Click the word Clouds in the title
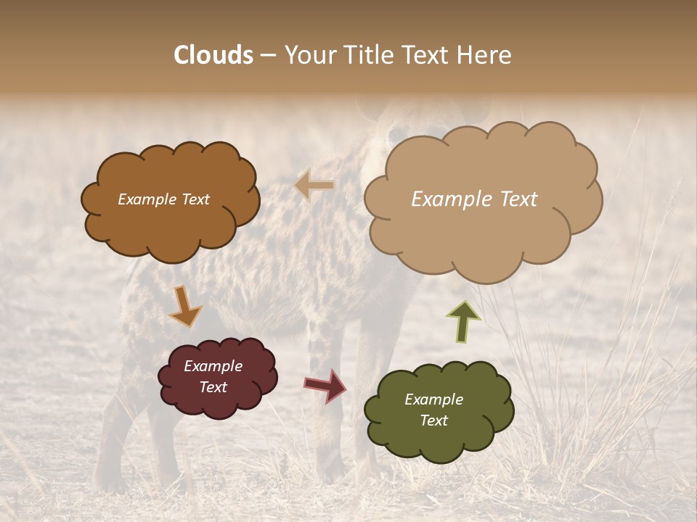coord(213,55)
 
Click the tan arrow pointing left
coord(315,186)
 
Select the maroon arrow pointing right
coord(325,386)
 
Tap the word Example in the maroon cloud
coord(213,366)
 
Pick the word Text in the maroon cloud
coord(213,387)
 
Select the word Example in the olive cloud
coord(433,399)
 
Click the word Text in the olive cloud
coord(433,420)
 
